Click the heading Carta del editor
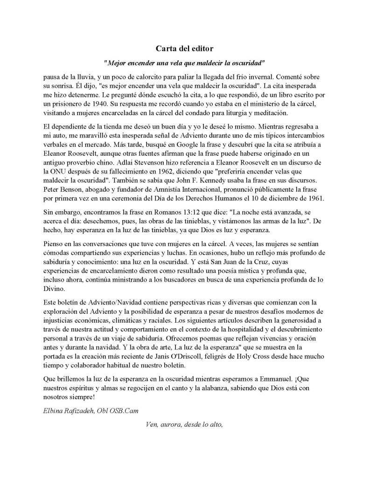184,48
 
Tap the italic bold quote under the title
184,62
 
